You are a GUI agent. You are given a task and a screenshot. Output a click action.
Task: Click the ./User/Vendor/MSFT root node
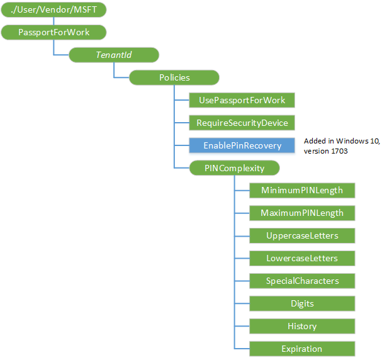54,9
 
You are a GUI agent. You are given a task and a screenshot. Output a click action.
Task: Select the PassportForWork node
54,32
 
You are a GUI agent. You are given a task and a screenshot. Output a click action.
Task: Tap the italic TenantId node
113,55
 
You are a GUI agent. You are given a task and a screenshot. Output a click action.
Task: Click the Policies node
174,77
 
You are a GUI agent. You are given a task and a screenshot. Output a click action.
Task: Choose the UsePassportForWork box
242,100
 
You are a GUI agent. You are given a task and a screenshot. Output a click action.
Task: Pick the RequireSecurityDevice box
242,123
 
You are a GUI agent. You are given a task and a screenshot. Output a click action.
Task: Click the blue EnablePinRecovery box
242,145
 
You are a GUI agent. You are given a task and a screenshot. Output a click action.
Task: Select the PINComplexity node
235,168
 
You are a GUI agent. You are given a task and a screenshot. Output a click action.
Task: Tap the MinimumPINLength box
302,191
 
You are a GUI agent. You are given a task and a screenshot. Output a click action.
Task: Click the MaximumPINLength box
302,213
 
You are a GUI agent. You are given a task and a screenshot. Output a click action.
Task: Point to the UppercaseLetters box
302,236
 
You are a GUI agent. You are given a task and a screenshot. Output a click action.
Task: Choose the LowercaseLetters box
302,259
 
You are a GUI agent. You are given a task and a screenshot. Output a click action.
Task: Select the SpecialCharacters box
302,281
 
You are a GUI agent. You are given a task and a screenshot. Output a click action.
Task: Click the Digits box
302,304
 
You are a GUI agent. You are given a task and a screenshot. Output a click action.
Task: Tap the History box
302,327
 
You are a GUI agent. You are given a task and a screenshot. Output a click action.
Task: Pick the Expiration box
302,349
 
